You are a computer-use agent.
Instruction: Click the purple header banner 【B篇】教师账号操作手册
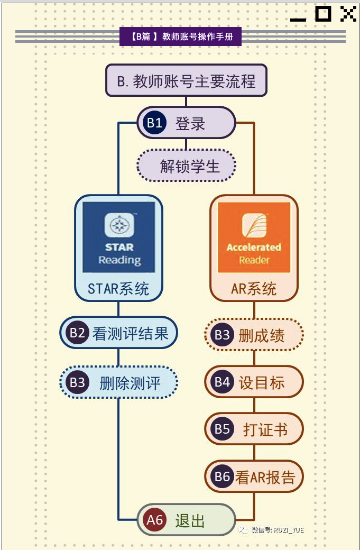coord(180,36)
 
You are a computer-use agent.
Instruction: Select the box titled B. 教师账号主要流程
coord(186,80)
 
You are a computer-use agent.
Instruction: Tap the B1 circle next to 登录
coord(154,123)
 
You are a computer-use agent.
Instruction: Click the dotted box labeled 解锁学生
coord(186,166)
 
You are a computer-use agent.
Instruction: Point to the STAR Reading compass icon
coord(119,225)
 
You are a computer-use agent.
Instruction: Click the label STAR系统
coord(118,289)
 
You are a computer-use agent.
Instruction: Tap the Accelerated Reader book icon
coord(254,225)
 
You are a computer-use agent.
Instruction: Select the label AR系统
coord(254,289)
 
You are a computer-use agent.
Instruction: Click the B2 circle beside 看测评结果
coord(77,332)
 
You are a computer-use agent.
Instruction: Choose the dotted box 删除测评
coord(118,382)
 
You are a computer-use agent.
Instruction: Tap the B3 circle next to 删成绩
coord(222,335)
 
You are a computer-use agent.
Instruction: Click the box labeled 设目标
coord(254,382)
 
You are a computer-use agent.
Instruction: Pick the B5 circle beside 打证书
coord(222,429)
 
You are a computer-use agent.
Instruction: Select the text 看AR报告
coord(265,477)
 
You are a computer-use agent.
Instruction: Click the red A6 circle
coord(154,519)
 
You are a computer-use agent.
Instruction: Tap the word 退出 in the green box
coord(190,520)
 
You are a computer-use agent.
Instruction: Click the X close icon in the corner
coord(348,14)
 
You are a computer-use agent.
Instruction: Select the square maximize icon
coord(323,14)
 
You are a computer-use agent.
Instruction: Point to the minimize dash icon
coord(298,20)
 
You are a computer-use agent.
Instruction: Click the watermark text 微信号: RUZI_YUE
coord(277,530)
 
